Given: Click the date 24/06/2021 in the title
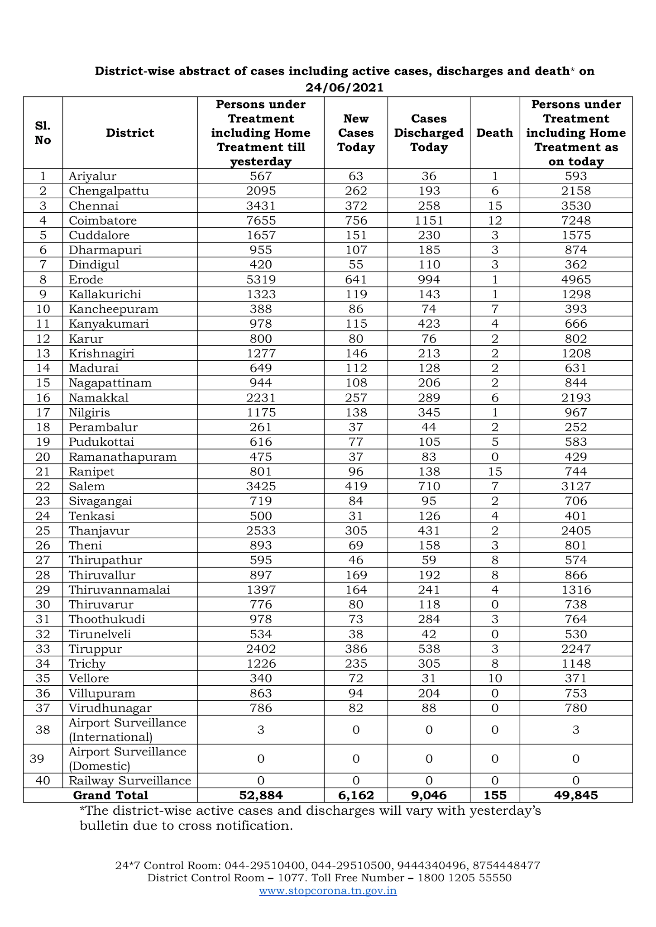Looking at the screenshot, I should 344,87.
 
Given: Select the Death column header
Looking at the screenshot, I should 494,133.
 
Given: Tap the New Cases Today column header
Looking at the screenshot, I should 356,133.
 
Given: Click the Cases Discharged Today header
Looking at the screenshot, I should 429,133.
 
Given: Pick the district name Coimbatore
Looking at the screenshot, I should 103,220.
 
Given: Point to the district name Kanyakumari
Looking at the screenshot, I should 109,324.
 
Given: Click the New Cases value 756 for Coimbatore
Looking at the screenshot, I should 356,220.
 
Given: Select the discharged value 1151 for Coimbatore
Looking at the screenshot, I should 429,220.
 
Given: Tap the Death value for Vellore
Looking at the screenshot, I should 495,678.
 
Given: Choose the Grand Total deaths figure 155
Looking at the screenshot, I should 495,795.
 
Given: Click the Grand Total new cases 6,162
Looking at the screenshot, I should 356,795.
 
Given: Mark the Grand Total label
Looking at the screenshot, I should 110,795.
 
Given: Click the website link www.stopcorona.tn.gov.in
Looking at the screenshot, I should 328,890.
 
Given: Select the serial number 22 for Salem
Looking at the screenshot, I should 43,486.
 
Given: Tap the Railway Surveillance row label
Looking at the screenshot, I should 130,780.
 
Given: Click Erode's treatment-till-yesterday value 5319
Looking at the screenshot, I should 261,279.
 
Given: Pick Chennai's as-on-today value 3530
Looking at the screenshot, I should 576,206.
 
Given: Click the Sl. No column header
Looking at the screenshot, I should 43,133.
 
